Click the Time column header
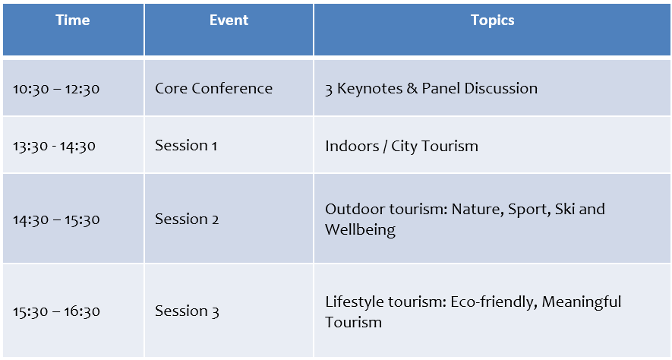click(x=73, y=21)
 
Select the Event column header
click(x=229, y=21)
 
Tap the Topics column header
click(x=493, y=21)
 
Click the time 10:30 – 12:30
click(x=56, y=89)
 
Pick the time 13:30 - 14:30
click(x=54, y=146)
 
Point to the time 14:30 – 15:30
click(x=56, y=219)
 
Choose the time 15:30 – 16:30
click(x=56, y=311)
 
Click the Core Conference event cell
click(x=213, y=88)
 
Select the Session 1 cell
click(x=186, y=145)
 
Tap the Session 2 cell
click(x=187, y=219)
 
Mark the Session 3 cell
click(x=187, y=311)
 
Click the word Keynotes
click(x=370, y=88)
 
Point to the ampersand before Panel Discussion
click(x=412, y=88)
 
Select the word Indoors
click(x=352, y=146)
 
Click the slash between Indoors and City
click(x=385, y=147)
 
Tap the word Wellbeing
click(x=360, y=229)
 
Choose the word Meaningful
click(x=582, y=302)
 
